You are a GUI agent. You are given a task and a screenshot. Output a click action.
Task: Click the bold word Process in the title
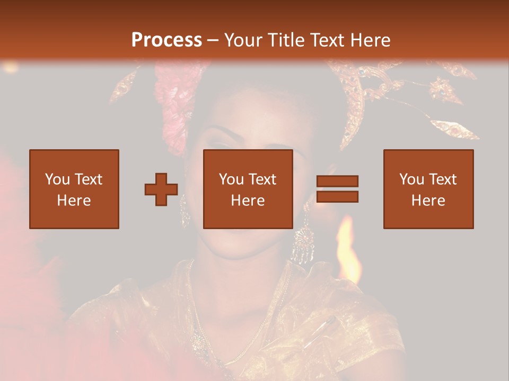point(166,40)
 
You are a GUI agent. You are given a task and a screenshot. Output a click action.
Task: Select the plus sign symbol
point(161,189)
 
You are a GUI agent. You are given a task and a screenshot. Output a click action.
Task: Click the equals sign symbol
point(337,189)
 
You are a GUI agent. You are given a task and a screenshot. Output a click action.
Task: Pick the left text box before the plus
point(74,189)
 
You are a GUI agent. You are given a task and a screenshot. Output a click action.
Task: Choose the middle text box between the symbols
point(248,189)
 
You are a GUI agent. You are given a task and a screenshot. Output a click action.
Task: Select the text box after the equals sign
point(428,189)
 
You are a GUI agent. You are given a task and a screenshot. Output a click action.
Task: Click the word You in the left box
point(57,179)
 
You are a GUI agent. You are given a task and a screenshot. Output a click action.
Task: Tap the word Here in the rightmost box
point(428,201)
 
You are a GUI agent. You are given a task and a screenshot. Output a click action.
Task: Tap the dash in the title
point(213,40)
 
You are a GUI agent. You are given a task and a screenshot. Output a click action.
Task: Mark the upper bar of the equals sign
point(337,181)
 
